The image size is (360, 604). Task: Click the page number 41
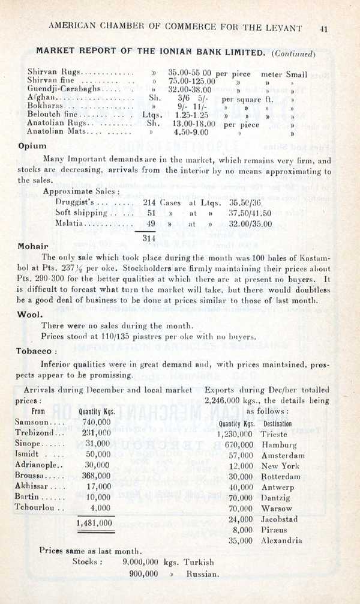pyautogui.click(x=323, y=28)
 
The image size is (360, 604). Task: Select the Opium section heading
pyautogui.click(x=32, y=145)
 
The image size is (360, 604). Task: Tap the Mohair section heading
pyautogui.click(x=33, y=246)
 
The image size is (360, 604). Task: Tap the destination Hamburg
pyautogui.click(x=280, y=445)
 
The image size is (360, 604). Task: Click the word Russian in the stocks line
pyautogui.click(x=202, y=573)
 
